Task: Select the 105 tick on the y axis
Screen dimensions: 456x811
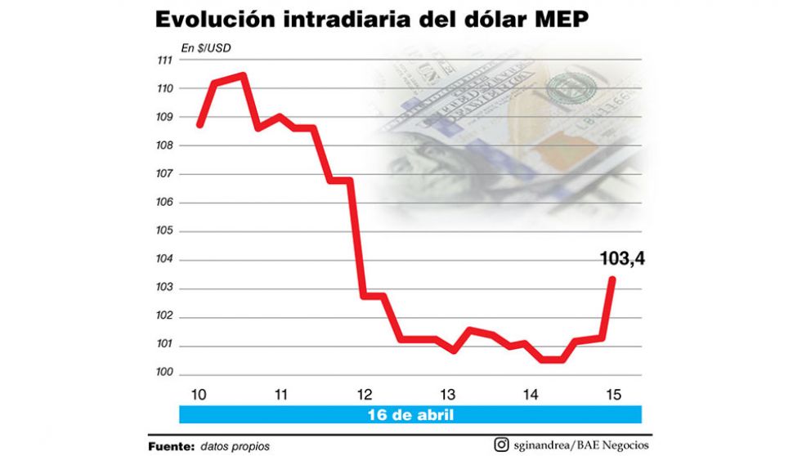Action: coord(164,231)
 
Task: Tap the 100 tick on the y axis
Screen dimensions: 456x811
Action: coord(164,374)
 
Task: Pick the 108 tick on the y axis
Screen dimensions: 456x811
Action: coord(164,145)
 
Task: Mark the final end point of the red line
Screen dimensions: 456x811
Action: coord(612,279)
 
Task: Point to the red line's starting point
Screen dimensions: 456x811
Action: coord(199,125)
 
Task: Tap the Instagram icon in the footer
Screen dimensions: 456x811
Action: coord(500,445)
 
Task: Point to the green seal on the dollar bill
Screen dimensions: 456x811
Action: coord(568,90)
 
